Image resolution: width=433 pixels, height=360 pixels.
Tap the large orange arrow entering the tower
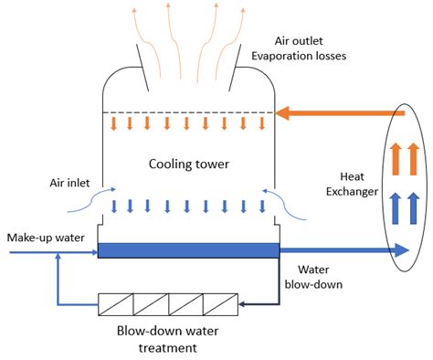point(338,113)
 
